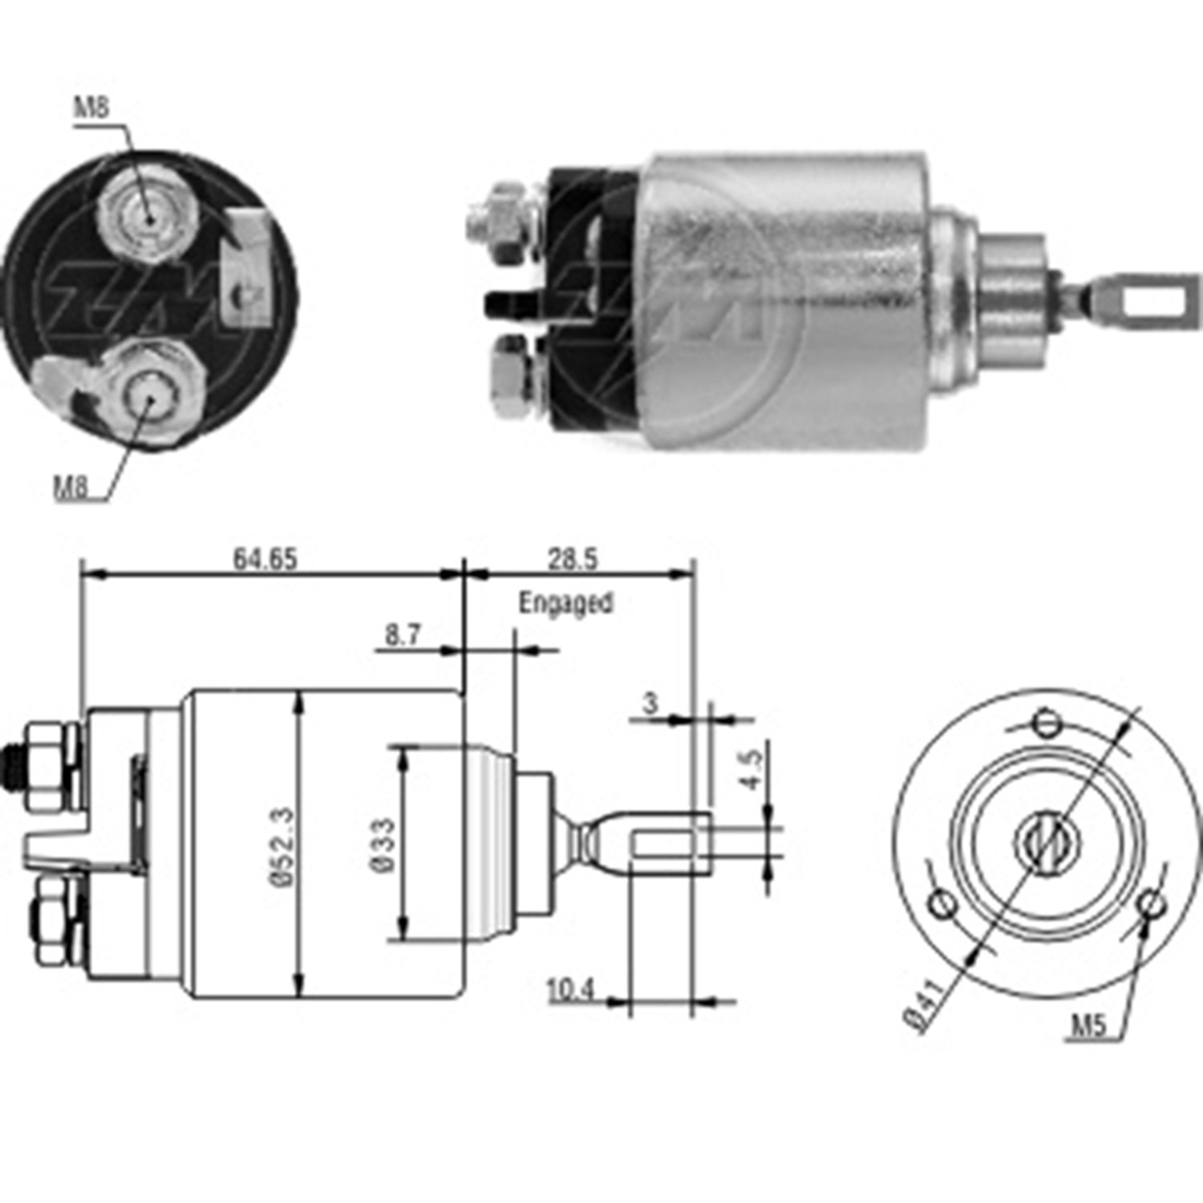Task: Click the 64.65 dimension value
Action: (x=265, y=558)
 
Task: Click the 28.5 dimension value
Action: (x=573, y=558)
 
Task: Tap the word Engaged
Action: (x=565, y=603)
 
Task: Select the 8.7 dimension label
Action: (x=402, y=634)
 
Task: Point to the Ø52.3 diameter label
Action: (x=284, y=846)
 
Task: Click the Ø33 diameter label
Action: (x=383, y=845)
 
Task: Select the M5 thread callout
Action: (x=1088, y=1025)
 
